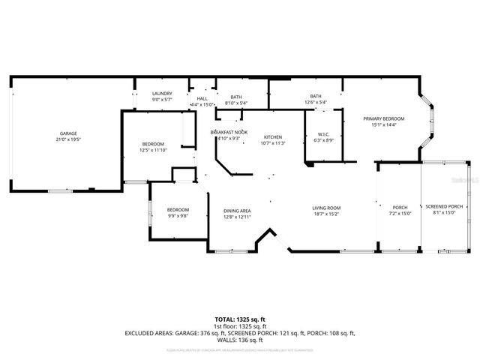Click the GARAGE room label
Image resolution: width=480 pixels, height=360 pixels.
[68, 133]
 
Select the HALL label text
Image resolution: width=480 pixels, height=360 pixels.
[202, 98]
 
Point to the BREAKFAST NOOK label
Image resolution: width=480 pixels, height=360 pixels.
[229, 132]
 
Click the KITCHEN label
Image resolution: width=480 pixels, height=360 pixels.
[272, 137]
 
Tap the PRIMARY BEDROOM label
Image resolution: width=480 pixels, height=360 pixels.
[383, 118]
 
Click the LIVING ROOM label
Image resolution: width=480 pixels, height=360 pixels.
[326, 208]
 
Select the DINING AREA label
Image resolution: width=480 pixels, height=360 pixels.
[237, 211]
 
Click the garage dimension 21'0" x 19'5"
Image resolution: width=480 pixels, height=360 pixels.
[68, 139]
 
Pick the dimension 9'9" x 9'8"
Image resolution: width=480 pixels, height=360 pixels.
[178, 216]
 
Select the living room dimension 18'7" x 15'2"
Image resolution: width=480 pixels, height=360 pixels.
[326, 214]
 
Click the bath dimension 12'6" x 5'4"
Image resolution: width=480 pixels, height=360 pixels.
[316, 103]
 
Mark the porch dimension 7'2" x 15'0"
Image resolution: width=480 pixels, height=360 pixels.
[400, 214]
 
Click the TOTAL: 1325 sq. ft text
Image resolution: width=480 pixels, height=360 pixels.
[239, 318]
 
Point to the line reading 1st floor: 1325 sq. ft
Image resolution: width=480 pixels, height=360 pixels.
[239, 325]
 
